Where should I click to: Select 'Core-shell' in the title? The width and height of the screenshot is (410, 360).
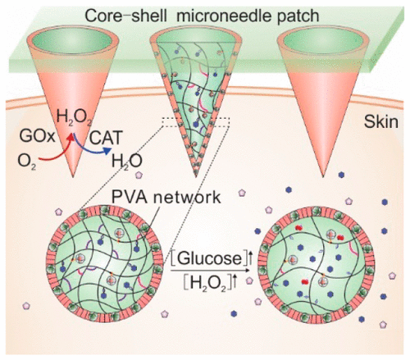pyautogui.click(x=149, y=12)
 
